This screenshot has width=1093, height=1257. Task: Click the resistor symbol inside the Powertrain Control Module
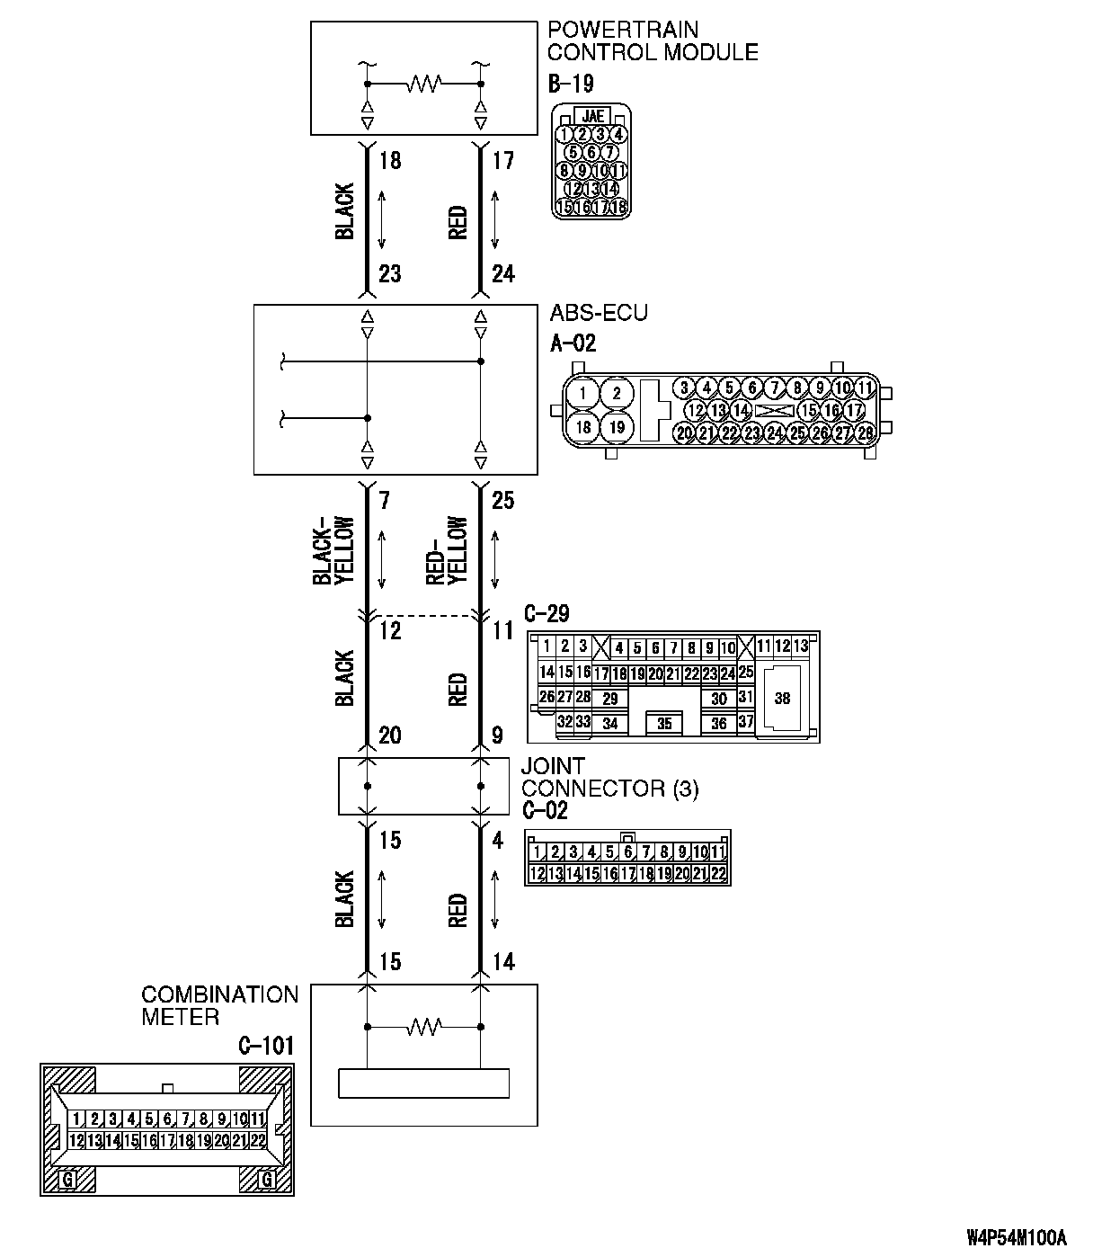coord(423,85)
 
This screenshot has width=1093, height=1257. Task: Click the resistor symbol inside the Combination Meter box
coord(423,1026)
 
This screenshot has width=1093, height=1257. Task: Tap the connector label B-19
coord(571,85)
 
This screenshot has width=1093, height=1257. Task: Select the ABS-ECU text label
coord(598,314)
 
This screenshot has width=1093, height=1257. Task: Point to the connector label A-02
coord(573,343)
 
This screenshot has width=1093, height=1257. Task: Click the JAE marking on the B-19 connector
coord(592,116)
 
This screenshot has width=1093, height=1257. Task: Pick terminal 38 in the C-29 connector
coord(782,698)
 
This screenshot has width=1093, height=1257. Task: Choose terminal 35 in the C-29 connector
coord(664,723)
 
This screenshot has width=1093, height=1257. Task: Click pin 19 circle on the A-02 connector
coord(616,426)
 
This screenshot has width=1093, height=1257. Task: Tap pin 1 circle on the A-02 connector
coord(583,393)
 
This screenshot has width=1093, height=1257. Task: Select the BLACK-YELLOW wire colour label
coord(334,551)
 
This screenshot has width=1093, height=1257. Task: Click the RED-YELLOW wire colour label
coord(447,551)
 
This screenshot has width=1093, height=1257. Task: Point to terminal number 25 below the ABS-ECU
coord(503,500)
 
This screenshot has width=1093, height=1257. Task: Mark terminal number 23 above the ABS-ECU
coord(389,273)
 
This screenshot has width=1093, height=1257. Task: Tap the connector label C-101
coord(266,1047)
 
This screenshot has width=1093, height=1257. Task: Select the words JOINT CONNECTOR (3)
coord(609,778)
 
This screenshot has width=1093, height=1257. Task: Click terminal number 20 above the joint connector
coord(389,736)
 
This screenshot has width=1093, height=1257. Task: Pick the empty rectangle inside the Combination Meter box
coord(423,1083)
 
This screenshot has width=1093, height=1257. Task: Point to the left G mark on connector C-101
coord(67,1179)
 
